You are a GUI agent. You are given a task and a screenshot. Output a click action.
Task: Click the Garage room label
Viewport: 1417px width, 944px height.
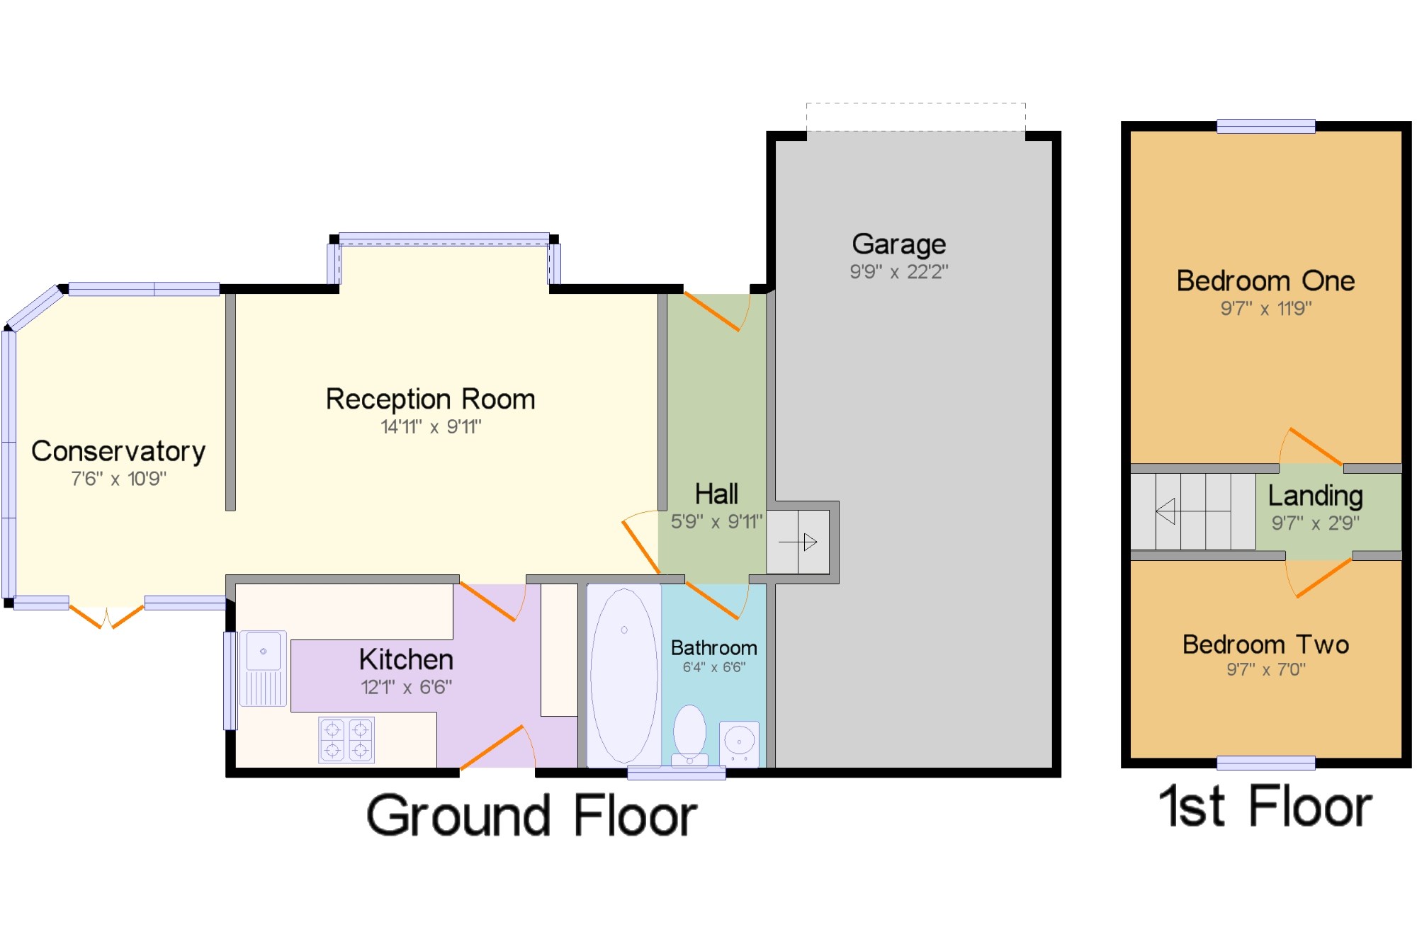[x=898, y=244]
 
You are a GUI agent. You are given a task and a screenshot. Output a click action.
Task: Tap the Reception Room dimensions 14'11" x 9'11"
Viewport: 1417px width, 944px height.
[x=431, y=427]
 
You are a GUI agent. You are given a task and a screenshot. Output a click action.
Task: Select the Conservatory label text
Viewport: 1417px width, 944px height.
[x=118, y=451]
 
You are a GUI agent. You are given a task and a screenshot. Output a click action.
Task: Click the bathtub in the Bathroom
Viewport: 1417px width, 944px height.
[x=624, y=676]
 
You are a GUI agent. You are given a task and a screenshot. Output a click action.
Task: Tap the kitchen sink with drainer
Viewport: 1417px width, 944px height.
[x=263, y=669]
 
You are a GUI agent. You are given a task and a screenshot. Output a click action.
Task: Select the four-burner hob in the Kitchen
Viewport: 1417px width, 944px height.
[x=346, y=740]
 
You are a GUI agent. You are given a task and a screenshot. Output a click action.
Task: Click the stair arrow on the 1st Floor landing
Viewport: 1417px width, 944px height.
[x=1193, y=511]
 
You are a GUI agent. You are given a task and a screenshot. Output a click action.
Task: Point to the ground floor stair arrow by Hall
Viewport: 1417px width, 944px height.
[x=798, y=542]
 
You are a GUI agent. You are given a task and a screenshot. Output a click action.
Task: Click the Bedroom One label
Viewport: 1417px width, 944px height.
[x=1265, y=281]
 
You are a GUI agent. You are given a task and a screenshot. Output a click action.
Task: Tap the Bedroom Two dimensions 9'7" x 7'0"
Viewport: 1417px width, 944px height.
[x=1266, y=669]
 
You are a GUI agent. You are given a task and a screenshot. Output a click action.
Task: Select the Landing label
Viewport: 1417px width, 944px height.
[x=1315, y=496]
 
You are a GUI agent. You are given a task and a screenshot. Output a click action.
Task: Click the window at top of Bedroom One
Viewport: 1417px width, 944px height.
[x=1266, y=127]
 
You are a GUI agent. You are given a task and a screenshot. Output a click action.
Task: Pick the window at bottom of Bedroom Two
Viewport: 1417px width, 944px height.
[x=1266, y=763]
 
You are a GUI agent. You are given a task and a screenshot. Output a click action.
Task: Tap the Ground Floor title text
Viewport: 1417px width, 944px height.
[x=531, y=816]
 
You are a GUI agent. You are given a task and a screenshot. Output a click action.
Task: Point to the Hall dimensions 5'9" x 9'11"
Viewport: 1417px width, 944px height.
[x=716, y=522]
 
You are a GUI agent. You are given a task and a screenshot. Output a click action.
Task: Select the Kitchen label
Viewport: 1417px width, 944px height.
[x=406, y=660]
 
